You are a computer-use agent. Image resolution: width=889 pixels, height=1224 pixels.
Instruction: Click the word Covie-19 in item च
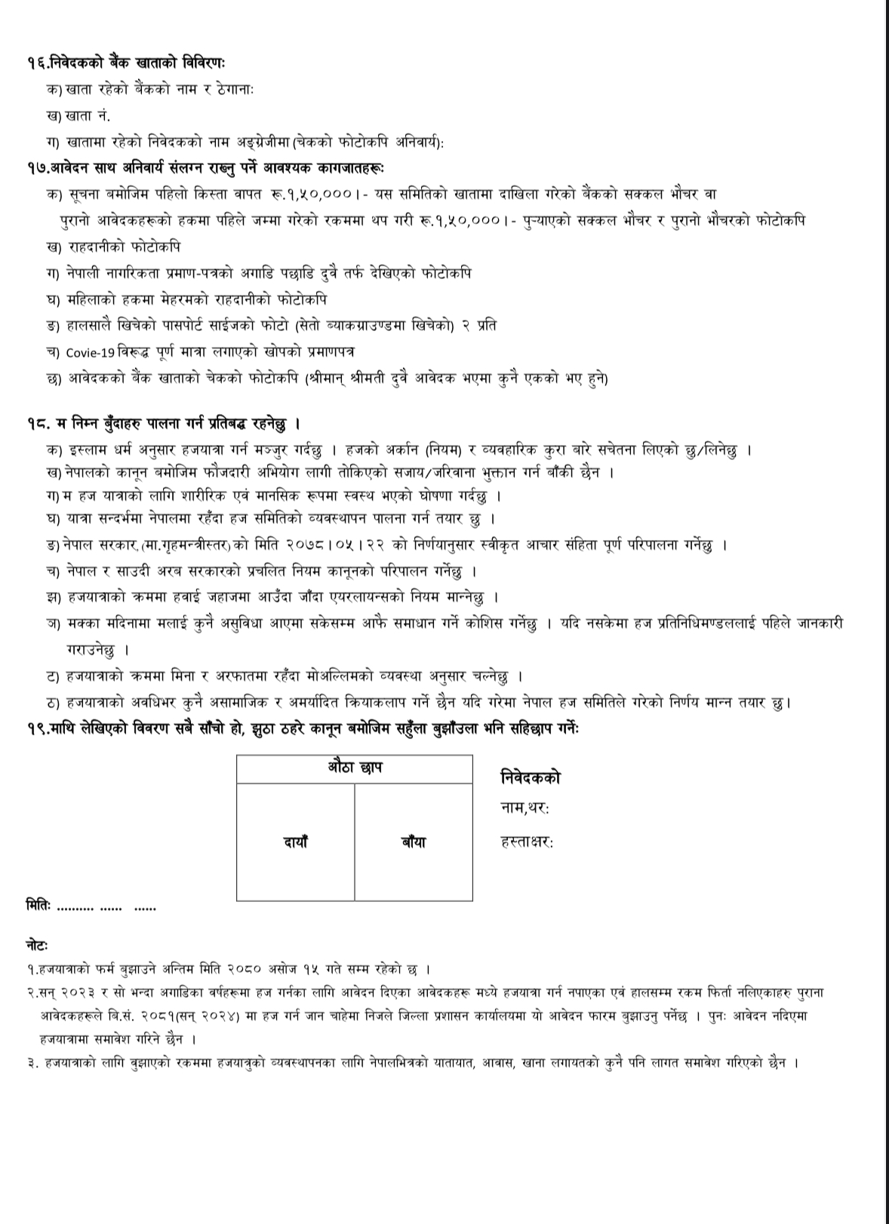coord(88,352)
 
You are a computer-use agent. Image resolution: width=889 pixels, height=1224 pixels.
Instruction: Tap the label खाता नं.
coord(78,115)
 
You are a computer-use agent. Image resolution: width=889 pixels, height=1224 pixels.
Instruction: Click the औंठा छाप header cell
coord(355,768)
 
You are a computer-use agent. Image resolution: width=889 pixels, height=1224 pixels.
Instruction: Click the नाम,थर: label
coord(524,808)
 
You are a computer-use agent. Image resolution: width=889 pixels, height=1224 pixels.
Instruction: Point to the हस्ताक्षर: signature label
coord(527,842)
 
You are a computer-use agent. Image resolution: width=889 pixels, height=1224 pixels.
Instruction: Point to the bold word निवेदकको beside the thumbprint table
coord(531,778)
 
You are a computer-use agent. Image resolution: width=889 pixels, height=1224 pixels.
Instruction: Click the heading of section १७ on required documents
coord(204,167)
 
